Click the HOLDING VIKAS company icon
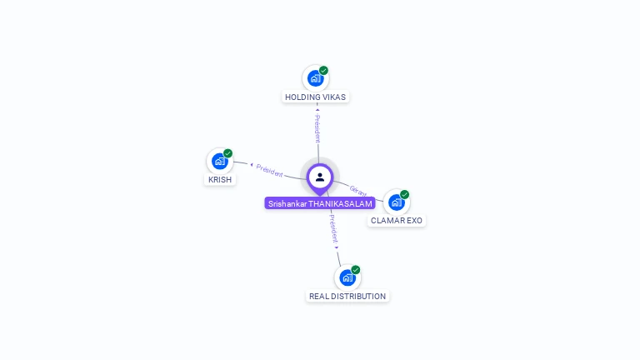click(x=315, y=78)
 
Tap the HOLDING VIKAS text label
click(x=315, y=97)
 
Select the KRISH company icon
click(x=219, y=161)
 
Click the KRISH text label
click(x=220, y=179)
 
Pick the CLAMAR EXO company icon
click(x=396, y=202)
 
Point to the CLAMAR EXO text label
click(x=397, y=221)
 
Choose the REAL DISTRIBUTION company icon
click(x=347, y=277)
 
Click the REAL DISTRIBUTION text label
click(x=347, y=296)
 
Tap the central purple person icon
click(x=320, y=177)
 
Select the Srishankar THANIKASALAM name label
click(x=321, y=203)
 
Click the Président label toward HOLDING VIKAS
click(x=317, y=128)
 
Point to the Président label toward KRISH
click(x=269, y=169)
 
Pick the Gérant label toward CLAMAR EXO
click(x=358, y=191)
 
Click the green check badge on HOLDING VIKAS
click(x=323, y=71)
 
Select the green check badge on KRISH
click(x=227, y=153)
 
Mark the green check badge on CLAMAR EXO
click(x=404, y=194)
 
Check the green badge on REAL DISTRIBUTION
click(x=356, y=270)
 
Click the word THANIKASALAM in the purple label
click(x=341, y=203)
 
